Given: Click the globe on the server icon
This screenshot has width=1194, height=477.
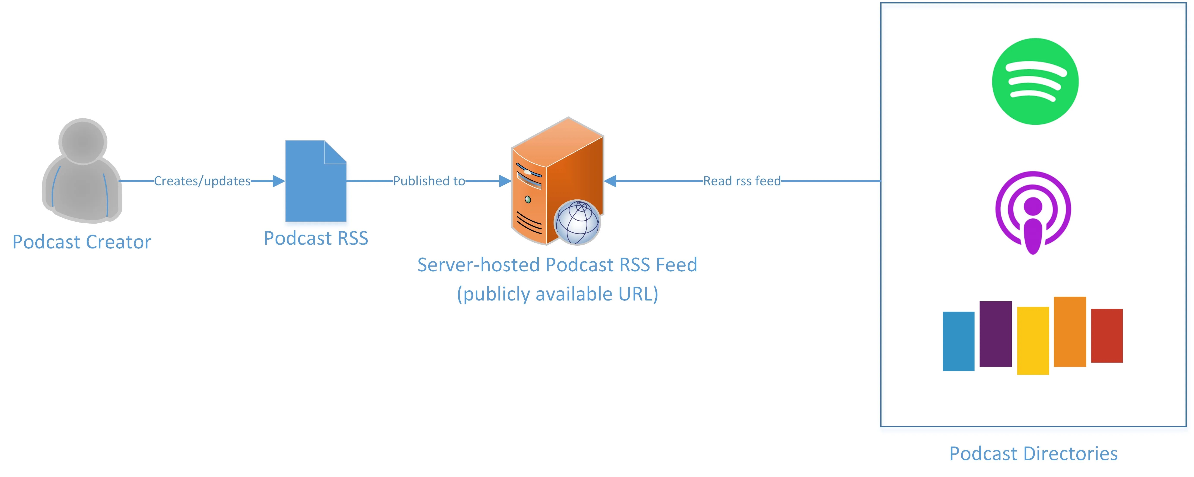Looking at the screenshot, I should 577,222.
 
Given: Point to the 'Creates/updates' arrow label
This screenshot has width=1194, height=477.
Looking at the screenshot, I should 202,181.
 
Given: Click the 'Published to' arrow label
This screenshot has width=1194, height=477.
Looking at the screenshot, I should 429,181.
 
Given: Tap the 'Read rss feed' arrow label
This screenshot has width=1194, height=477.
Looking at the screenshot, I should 742,181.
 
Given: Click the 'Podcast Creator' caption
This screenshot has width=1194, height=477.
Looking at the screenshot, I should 82,242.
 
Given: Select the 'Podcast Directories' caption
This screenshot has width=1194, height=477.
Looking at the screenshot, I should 1033,453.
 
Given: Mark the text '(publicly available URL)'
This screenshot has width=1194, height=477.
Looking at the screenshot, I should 557,294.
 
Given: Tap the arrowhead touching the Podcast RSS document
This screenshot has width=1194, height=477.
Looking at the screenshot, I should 279,181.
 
